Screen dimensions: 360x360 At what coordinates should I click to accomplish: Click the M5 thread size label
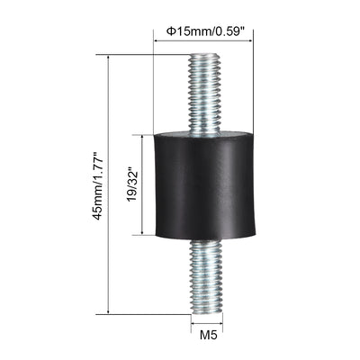(x=208, y=341)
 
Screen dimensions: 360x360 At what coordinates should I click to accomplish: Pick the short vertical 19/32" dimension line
(x=140, y=184)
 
